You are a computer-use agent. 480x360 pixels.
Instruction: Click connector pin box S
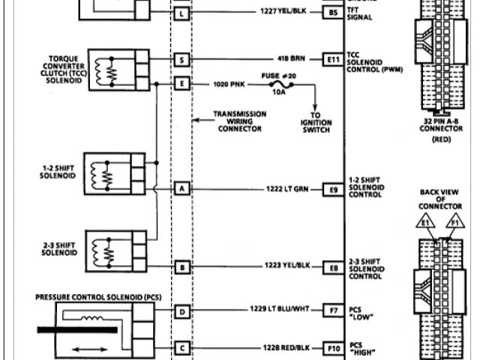[181, 58]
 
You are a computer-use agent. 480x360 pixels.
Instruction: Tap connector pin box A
[181, 188]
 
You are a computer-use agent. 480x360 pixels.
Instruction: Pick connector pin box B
[181, 266]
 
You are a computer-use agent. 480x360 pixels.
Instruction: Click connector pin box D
[181, 309]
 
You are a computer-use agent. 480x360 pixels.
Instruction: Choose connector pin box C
[181, 348]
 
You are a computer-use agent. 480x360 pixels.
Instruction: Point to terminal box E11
[333, 58]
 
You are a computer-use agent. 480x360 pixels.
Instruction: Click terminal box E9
[333, 188]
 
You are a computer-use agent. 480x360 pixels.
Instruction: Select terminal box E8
[333, 266]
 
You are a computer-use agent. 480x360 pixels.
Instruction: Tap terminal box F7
[333, 309]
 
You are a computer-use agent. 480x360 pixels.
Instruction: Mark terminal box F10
[333, 348]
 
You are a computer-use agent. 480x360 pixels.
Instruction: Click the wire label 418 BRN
[291, 58]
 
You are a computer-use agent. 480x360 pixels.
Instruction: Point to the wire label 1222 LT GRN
[284, 188]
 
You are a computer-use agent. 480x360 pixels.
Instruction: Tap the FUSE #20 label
[277, 74]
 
